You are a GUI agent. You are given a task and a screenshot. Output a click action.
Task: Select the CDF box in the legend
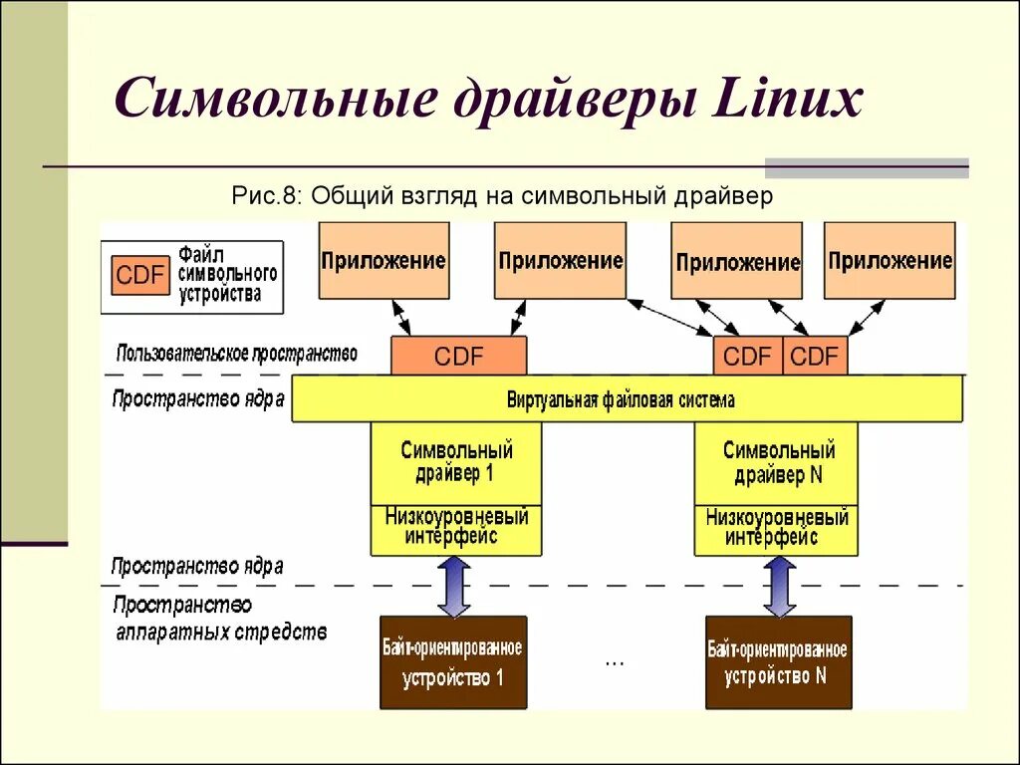[x=139, y=275]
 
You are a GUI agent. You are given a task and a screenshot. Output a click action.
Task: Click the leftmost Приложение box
[x=383, y=261]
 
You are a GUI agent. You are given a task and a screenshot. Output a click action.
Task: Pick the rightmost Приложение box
[x=890, y=261]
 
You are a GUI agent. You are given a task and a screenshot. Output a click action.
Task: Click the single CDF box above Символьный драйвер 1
[x=458, y=357]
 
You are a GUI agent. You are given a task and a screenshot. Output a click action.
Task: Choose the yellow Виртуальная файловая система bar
[x=628, y=399]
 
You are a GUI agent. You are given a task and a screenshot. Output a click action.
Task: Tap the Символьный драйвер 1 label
[x=456, y=462]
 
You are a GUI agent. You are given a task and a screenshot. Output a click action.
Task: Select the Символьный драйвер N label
[x=779, y=462]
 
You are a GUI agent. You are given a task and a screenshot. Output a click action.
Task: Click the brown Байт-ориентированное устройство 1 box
[x=452, y=662]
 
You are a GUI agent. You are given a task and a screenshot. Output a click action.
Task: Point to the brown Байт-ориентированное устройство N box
[x=778, y=662]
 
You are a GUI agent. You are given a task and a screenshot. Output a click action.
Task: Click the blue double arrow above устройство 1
[x=454, y=586]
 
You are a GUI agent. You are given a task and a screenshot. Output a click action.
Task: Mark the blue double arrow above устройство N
[x=779, y=586]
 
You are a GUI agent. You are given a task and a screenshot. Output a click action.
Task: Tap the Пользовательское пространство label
[x=236, y=353]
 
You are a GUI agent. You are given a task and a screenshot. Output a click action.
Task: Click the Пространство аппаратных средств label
[x=219, y=618]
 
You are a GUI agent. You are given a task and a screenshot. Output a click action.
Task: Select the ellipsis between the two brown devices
[x=614, y=660]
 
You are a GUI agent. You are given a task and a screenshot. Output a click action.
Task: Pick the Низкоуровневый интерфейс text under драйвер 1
[x=456, y=526]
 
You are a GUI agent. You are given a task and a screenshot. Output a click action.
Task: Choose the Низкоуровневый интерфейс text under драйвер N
[x=778, y=526]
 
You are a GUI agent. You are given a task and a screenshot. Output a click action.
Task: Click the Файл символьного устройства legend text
[x=228, y=274]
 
